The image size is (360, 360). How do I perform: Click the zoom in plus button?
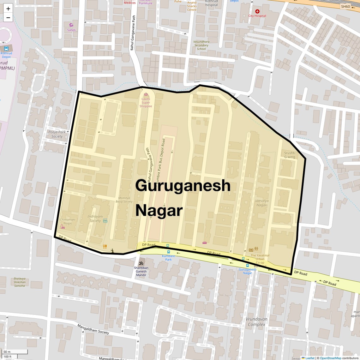8,9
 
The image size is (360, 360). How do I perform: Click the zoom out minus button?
8,18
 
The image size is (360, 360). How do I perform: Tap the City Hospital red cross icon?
257,11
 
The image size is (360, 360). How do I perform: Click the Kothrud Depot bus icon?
6,48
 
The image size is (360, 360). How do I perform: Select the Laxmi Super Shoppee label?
146,102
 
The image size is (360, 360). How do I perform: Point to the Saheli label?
71,30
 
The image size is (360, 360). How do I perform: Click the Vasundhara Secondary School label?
201,45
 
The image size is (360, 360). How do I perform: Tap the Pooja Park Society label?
57,134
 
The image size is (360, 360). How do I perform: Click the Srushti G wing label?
290,155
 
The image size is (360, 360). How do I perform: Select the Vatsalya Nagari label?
262,203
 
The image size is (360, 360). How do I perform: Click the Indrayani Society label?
95,219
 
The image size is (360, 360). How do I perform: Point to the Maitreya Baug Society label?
124,200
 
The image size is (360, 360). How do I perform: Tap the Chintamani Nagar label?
68,221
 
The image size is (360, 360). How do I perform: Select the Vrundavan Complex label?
256,321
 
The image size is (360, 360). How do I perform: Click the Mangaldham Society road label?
93,329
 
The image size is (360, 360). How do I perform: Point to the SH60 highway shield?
345,7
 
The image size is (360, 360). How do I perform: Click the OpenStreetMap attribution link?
330,358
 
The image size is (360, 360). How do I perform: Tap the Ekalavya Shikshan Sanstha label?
20,282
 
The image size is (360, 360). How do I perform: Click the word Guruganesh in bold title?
183,185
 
